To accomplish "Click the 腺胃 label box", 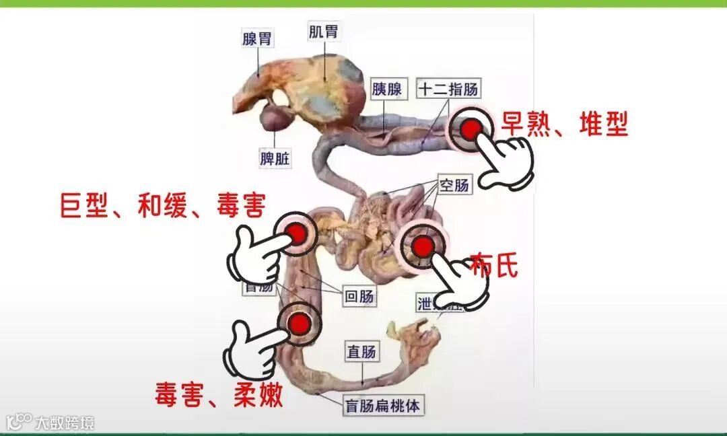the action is point(258,38).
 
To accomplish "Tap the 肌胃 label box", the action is point(323,32).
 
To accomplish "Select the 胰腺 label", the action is point(387,89).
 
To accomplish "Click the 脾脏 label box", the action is point(275,159).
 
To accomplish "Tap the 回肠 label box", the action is point(360,296).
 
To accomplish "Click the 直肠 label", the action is point(361,351).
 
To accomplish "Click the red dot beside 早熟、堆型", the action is point(471,129).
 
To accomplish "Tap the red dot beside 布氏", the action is point(422,247).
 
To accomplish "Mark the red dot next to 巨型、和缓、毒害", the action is point(296,233).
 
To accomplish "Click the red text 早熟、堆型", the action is point(564,124).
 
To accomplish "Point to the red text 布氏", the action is point(494,265).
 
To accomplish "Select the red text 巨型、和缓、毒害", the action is point(164,205).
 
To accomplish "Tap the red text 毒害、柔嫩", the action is point(219,394).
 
